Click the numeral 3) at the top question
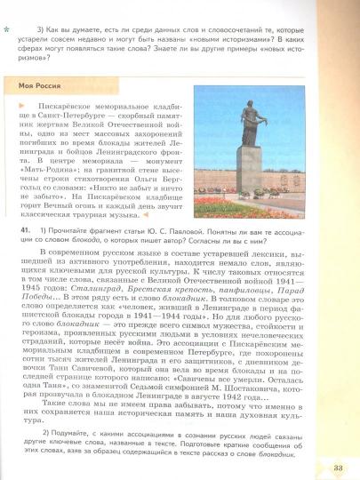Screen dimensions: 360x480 [x=30, y=30]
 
